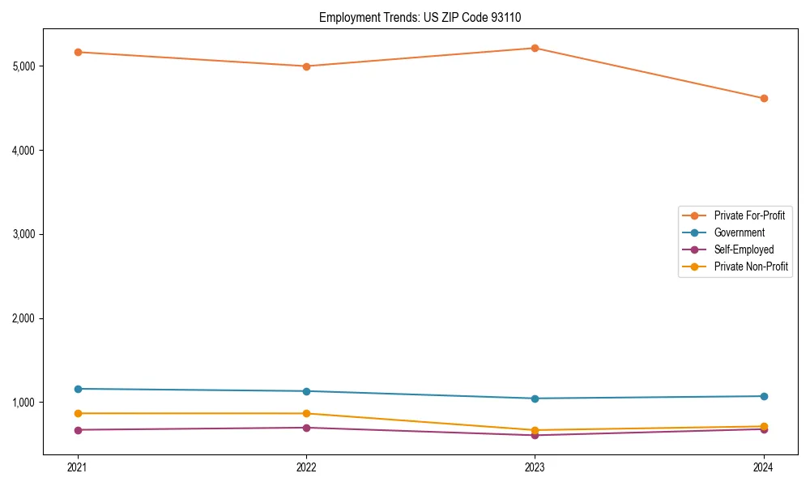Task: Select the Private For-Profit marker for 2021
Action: coord(78,52)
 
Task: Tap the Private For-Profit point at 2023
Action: coord(535,48)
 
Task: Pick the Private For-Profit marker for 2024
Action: coord(764,99)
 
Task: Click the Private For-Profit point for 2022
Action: coord(306,66)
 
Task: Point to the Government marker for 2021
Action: coord(78,389)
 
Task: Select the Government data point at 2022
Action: coord(306,391)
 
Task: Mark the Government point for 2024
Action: coord(764,396)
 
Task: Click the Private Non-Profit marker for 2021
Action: coord(78,413)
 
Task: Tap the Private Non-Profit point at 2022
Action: coord(306,413)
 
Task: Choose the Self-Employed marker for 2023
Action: coord(535,435)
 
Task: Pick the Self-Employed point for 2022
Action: coord(306,428)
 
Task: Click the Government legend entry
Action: coord(739,232)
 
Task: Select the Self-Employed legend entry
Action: coord(744,249)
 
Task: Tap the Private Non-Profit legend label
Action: coord(751,266)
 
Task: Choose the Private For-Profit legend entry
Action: coord(749,215)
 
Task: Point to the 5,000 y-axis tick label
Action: coord(23,66)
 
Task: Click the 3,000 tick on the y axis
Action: coord(23,234)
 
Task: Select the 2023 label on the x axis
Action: coord(535,467)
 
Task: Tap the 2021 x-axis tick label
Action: coord(78,467)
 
